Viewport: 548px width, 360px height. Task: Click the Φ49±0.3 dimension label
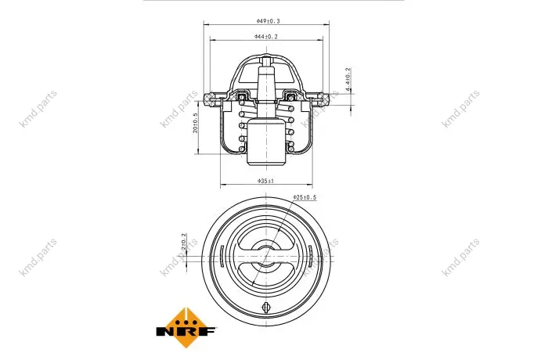pyautogui.click(x=268, y=21)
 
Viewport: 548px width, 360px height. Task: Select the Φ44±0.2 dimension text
pyautogui.click(x=266, y=36)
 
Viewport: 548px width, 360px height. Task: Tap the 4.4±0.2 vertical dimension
pyautogui.click(x=348, y=80)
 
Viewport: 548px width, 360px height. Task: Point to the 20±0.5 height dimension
pyautogui.click(x=196, y=123)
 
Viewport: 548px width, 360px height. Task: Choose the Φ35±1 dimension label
pyautogui.click(x=266, y=181)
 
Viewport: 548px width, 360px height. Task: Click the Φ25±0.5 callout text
pyautogui.click(x=305, y=197)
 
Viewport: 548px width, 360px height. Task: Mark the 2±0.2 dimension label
pyautogui.click(x=184, y=242)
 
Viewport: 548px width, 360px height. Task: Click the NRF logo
pyautogui.click(x=186, y=328)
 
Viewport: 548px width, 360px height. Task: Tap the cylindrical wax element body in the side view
pyautogui.click(x=266, y=142)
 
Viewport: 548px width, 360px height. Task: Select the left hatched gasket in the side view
pyautogui.click(x=211, y=99)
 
